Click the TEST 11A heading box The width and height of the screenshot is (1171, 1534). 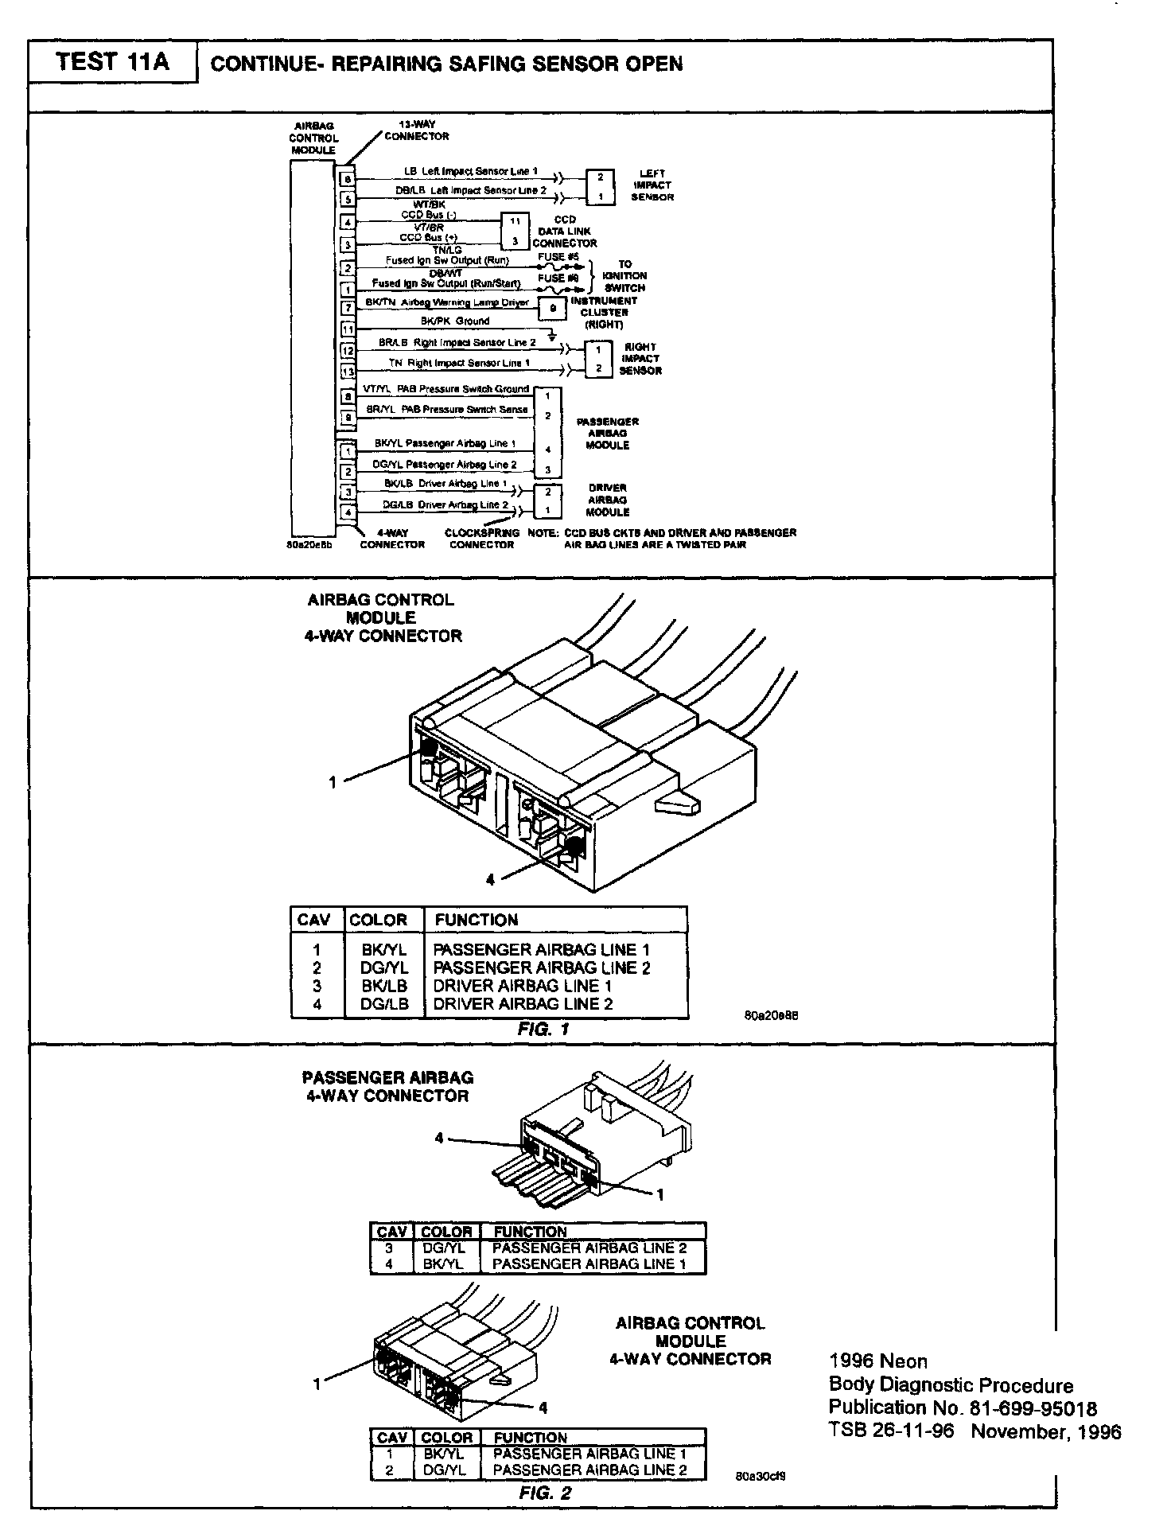[x=112, y=62]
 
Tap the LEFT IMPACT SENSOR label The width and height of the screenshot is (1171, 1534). [x=652, y=185]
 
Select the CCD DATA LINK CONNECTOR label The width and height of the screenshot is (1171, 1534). [x=564, y=232]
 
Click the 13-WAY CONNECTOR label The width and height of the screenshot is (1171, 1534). [x=416, y=130]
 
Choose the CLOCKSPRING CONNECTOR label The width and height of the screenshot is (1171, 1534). [x=482, y=539]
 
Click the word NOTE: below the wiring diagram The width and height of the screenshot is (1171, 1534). [x=544, y=533]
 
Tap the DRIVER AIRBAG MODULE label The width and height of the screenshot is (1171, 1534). [x=608, y=500]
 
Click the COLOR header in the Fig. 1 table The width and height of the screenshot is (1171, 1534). [x=378, y=920]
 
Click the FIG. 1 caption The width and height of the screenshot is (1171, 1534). [x=543, y=1029]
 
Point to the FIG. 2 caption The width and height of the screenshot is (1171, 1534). [x=545, y=1493]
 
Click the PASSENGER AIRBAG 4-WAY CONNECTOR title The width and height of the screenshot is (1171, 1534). [x=387, y=1087]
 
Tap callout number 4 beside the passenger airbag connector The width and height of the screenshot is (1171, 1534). [x=439, y=1139]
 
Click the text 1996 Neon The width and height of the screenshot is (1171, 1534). [x=877, y=1361]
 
